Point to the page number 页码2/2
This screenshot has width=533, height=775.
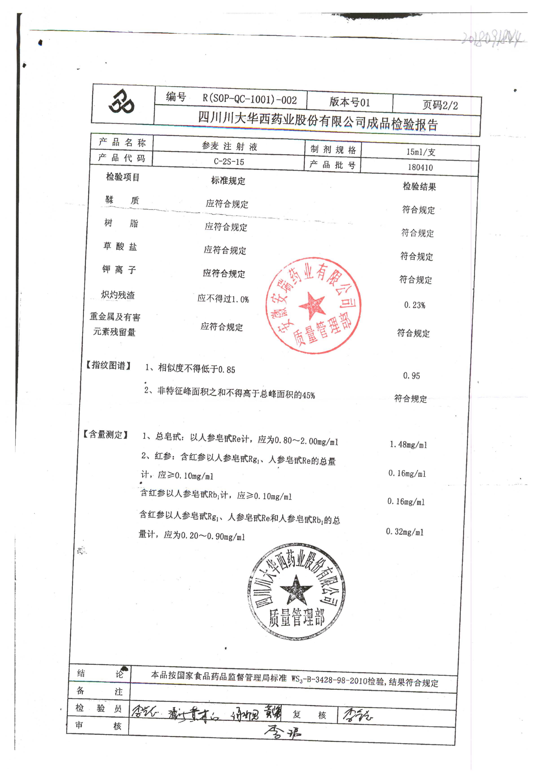(x=440, y=105)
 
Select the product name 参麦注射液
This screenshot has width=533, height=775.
(x=229, y=146)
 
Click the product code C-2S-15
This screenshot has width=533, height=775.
(x=229, y=162)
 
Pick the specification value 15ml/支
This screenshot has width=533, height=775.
(x=421, y=152)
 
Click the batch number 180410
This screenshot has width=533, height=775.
(x=420, y=167)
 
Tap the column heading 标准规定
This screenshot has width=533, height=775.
(x=228, y=181)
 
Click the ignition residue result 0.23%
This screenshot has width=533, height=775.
(x=415, y=305)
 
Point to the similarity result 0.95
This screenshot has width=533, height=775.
(x=411, y=376)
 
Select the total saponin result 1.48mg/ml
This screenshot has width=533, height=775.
(x=408, y=445)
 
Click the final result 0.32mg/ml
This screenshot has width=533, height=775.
(x=405, y=532)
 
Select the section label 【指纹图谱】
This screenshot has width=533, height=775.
(x=108, y=365)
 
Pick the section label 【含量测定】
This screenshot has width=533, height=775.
(x=105, y=434)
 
